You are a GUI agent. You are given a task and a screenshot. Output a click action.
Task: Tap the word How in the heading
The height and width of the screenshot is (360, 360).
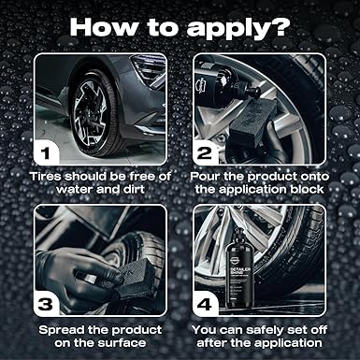(103, 27)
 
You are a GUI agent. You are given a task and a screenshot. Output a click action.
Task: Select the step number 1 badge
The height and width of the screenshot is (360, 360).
(47, 153)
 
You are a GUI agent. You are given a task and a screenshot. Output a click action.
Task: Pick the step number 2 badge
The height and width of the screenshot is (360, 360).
(205, 153)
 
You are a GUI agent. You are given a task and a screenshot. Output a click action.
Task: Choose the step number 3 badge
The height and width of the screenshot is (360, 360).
(46, 304)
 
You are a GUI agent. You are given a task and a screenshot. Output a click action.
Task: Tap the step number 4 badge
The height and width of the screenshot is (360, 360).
(205, 304)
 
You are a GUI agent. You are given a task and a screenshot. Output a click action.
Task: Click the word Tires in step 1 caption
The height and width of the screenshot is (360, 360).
(46, 177)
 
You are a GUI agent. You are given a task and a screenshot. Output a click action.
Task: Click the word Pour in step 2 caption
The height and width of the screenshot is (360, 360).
(205, 177)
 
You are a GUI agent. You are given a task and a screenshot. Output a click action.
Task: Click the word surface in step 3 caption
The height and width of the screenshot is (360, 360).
(122, 343)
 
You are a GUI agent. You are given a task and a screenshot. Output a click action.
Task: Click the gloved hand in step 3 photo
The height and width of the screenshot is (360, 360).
(78, 271)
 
